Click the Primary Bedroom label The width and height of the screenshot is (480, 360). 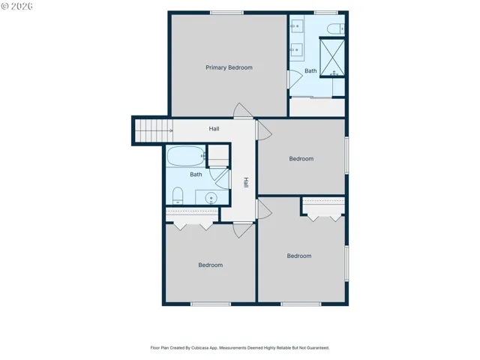[x=229, y=67]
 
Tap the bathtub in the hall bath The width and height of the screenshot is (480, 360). [x=186, y=156]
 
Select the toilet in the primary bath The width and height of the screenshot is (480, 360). [x=336, y=28]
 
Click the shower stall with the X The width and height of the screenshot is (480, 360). [x=332, y=57]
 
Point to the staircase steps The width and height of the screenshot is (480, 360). [x=154, y=130]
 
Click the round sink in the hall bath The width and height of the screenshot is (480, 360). [x=211, y=198]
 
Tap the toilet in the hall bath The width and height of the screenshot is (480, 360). [x=178, y=196]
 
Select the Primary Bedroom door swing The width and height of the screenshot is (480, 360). [x=243, y=110]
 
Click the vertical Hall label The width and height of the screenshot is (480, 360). [x=246, y=182]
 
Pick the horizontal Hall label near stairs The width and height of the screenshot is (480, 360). [x=214, y=129]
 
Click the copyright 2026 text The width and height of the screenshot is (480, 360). [x=17, y=6]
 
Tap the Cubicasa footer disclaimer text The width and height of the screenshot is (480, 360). [x=240, y=348]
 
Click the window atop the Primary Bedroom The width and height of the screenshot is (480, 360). [x=226, y=13]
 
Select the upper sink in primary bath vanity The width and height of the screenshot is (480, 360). [x=296, y=26]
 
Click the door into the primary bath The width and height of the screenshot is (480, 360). [x=295, y=79]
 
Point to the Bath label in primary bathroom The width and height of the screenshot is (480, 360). [x=310, y=71]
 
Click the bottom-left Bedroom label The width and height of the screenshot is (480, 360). [x=210, y=265]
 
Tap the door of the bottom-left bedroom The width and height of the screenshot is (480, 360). [x=243, y=230]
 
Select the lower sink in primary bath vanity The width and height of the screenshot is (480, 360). [x=296, y=49]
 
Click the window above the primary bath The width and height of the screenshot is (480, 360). [x=326, y=13]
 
